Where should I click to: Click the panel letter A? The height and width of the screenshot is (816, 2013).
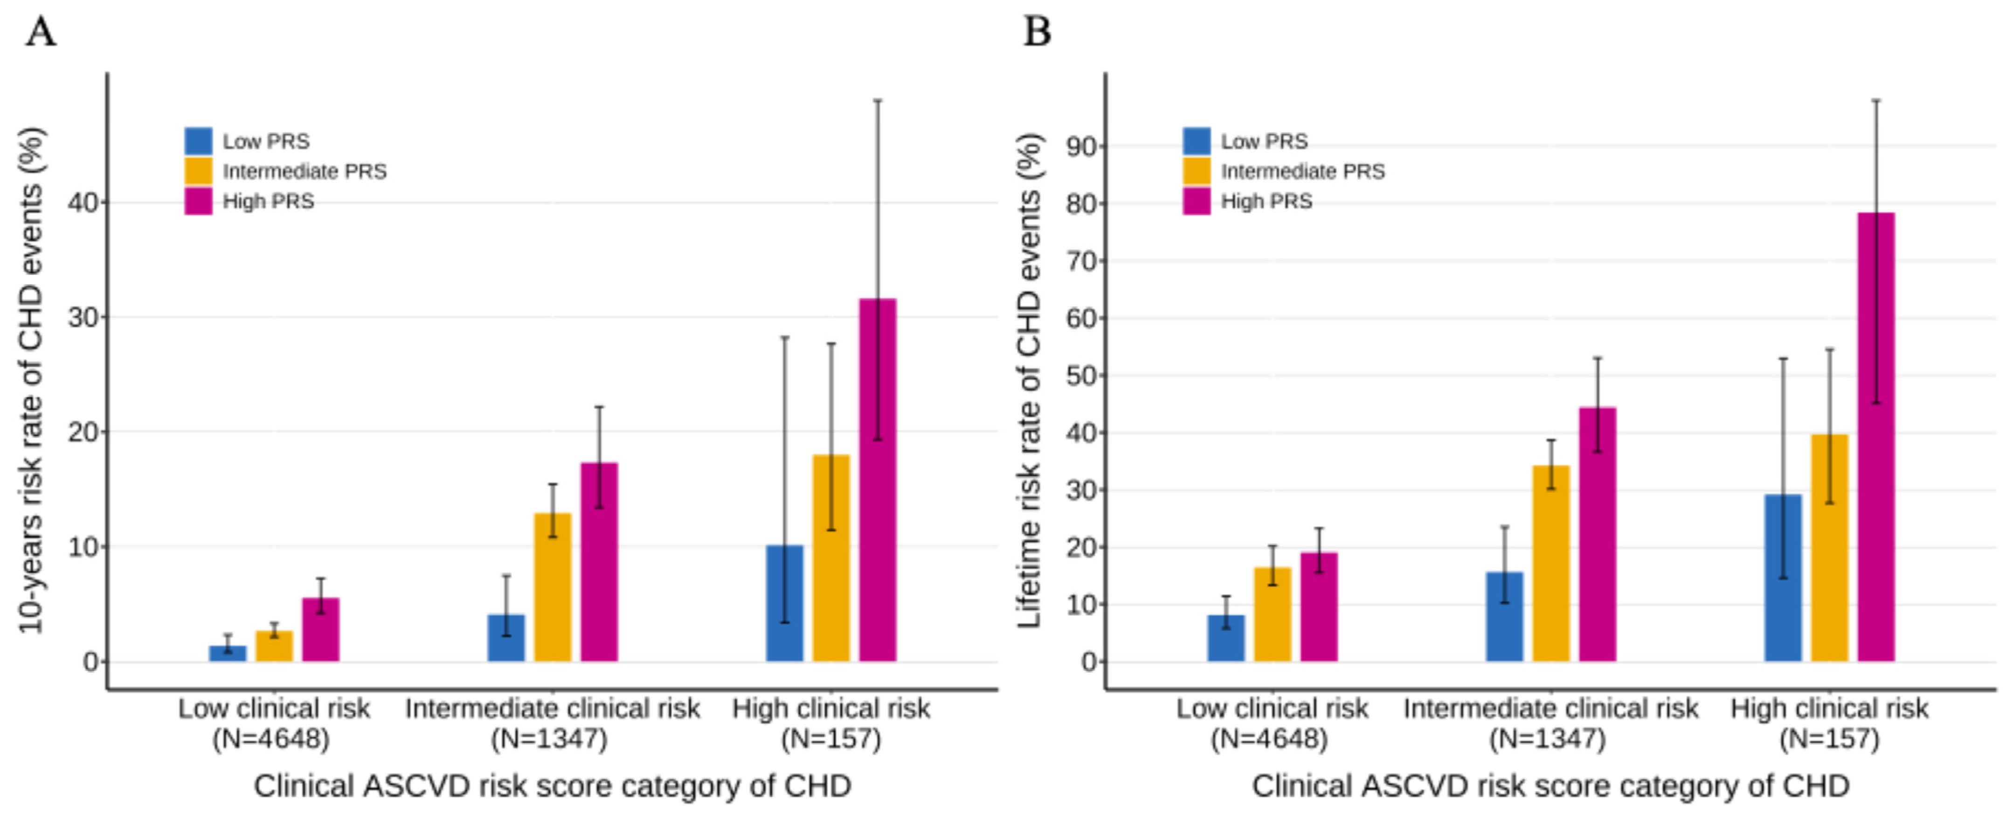click(41, 33)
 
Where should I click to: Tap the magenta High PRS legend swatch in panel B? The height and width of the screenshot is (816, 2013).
click(1197, 201)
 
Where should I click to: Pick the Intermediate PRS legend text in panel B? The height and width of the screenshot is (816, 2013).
click(1303, 171)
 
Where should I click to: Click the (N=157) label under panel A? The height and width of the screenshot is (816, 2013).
click(830, 739)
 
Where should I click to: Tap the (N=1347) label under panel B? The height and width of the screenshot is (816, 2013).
click(1547, 739)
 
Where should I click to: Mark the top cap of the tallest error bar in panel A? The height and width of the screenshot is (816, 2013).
click(878, 100)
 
